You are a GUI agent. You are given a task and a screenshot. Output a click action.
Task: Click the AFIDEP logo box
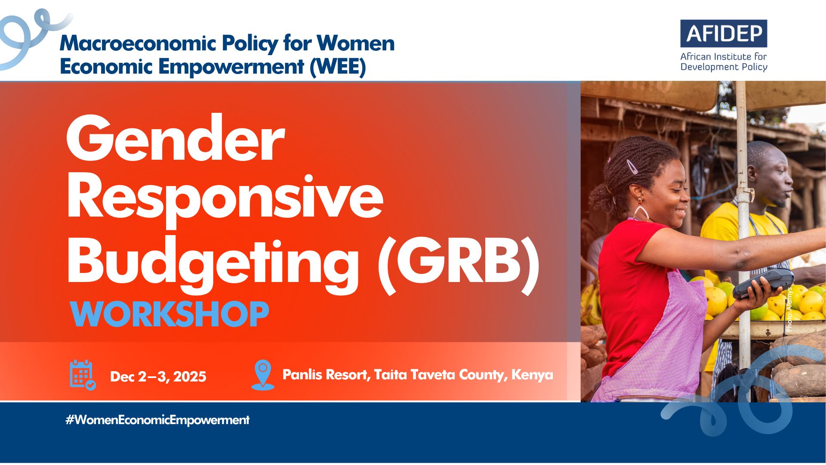(x=724, y=34)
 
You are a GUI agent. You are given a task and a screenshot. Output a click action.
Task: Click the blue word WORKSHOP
(x=170, y=314)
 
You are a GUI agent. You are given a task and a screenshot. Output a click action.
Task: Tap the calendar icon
(x=83, y=375)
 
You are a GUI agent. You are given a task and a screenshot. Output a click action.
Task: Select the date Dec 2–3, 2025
(x=158, y=377)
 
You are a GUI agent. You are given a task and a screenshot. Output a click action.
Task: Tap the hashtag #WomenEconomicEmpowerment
(x=157, y=420)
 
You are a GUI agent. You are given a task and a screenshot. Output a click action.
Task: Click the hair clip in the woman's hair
(x=632, y=166)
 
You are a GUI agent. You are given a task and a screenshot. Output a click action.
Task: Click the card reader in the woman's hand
(x=763, y=283)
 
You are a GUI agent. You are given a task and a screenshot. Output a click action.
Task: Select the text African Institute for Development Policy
(x=724, y=62)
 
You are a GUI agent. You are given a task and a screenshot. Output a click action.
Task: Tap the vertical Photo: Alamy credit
(x=789, y=309)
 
